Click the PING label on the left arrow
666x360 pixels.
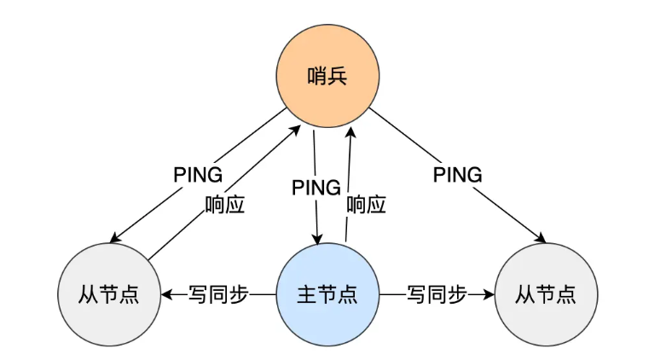[198, 175]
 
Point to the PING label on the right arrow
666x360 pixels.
[457, 175]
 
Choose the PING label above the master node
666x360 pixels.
[316, 186]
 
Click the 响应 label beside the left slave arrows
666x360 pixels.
[225, 205]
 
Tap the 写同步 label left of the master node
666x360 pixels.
[217, 295]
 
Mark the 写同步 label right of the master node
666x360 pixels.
[437, 295]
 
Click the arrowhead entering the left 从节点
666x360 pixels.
[167, 295]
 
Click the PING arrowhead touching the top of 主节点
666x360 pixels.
[319, 241]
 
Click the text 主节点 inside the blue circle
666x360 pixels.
[327, 295]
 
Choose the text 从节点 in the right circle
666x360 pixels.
[546, 295]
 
